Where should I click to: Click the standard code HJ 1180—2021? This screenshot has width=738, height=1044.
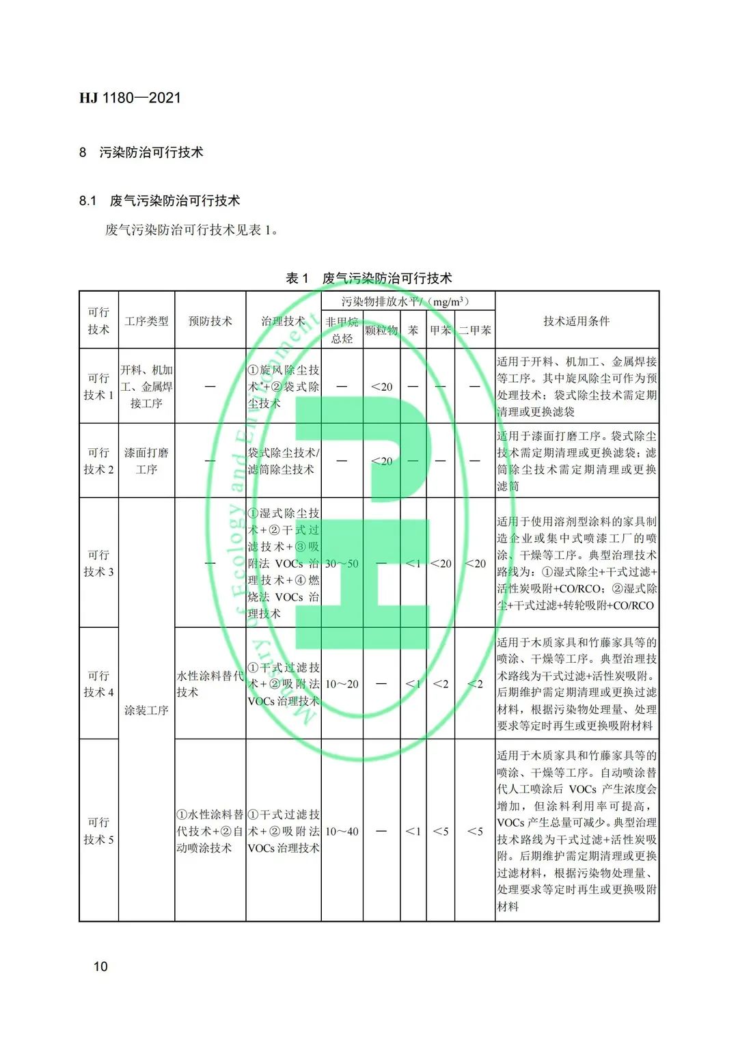point(130,98)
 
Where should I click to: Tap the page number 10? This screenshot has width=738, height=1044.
point(100,966)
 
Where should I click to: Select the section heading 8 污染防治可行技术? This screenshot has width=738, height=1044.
point(141,152)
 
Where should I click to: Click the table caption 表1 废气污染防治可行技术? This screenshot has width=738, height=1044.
point(369,278)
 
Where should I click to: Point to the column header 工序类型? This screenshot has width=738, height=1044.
point(146,321)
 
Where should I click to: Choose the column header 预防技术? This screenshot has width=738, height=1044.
point(210,321)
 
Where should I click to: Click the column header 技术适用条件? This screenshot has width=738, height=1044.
point(577,321)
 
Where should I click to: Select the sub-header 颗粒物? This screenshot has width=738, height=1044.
point(381,331)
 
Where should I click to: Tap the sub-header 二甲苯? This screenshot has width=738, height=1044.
point(475,331)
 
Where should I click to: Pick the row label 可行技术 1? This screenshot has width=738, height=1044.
point(98,387)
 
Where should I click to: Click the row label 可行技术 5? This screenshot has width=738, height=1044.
point(98,831)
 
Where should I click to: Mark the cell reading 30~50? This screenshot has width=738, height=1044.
point(342,564)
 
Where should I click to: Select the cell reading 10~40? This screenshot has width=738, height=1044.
point(342,832)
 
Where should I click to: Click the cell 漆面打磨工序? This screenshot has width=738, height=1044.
point(146,461)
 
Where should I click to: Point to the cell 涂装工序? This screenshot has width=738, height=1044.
point(146,711)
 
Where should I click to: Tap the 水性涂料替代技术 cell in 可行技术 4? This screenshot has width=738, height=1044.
point(210,684)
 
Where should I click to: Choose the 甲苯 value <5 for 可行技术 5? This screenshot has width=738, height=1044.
point(441,832)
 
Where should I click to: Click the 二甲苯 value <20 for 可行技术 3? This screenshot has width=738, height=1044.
point(475,564)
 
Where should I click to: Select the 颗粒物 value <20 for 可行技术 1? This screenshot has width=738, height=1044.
point(381,387)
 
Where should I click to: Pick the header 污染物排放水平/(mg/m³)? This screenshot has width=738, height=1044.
point(407,301)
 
